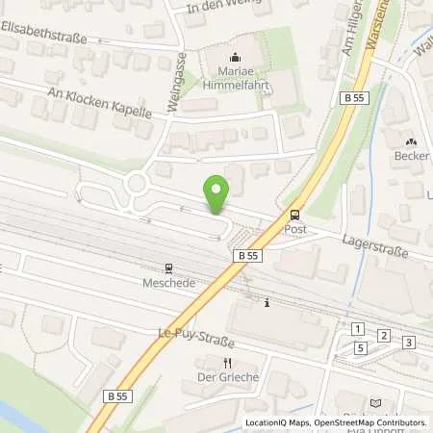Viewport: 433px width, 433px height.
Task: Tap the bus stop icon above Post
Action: [x=294, y=216]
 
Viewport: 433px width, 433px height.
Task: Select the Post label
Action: [x=294, y=231]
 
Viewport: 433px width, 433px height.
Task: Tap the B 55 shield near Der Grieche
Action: [x=117, y=396]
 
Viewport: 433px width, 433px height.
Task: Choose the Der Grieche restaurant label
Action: [x=227, y=377]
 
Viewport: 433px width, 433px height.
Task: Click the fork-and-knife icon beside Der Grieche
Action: [x=227, y=363]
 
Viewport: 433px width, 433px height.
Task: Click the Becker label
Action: [x=410, y=156]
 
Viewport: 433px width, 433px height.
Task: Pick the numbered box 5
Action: [x=360, y=348]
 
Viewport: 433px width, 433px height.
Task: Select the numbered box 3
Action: [x=408, y=343]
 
